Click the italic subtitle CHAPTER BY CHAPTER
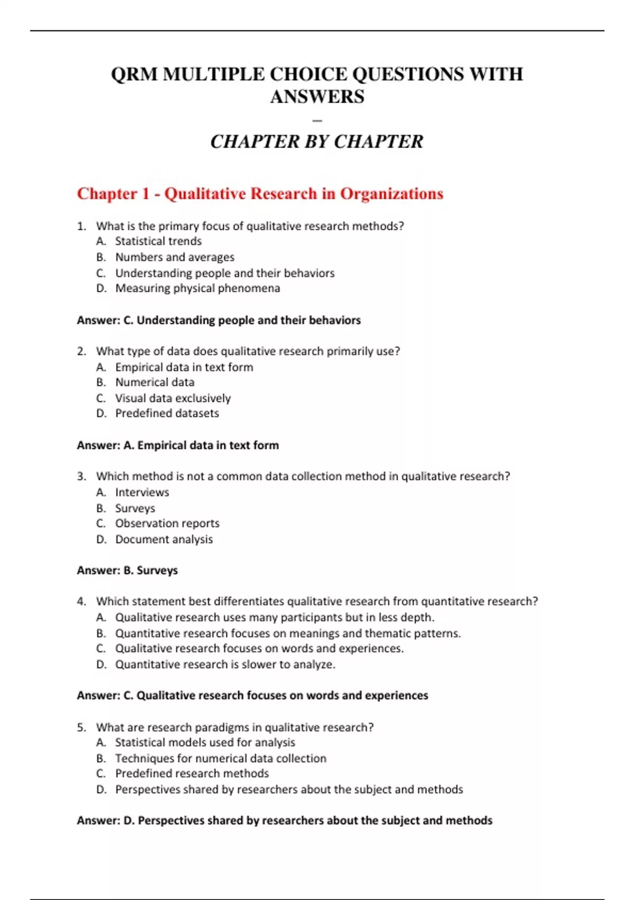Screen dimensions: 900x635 (x=316, y=142)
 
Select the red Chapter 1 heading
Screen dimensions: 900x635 (x=260, y=194)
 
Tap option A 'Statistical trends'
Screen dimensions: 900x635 (x=158, y=241)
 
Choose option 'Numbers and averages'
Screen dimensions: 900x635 (x=175, y=257)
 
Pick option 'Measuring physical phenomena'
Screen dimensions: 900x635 (x=197, y=289)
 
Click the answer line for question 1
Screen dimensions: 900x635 (x=219, y=320)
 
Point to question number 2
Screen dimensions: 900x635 (x=81, y=352)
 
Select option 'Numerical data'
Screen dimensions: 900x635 (x=155, y=382)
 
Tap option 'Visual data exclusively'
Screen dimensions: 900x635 (x=173, y=398)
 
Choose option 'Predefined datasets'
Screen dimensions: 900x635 (x=167, y=413)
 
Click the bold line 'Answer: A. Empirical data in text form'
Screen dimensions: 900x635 (x=178, y=445)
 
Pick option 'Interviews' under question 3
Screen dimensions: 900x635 (x=142, y=492)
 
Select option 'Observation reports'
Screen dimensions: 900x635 (x=167, y=524)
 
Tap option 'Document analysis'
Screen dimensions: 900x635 (x=164, y=539)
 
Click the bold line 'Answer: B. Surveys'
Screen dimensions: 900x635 (x=127, y=571)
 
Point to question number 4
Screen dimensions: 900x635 (x=81, y=601)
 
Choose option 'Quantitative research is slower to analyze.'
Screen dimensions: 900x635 (x=225, y=664)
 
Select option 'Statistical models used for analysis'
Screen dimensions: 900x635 (x=205, y=743)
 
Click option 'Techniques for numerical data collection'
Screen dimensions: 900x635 (x=221, y=758)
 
